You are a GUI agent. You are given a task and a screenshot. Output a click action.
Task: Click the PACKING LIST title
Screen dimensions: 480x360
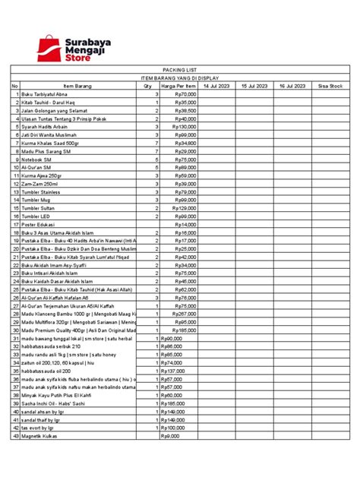click(179, 68)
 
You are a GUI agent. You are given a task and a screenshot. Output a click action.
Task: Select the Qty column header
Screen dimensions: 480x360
click(147, 87)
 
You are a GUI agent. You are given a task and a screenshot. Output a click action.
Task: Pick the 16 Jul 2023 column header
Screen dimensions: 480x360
click(292, 87)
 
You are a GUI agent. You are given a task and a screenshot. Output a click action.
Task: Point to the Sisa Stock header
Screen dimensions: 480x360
click(330, 87)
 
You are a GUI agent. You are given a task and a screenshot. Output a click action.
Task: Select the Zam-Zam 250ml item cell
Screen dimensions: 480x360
click(39, 185)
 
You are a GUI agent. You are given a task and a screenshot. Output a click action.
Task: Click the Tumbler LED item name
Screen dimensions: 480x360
click(38, 216)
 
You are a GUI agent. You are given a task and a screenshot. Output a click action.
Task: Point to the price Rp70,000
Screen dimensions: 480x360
click(185, 94)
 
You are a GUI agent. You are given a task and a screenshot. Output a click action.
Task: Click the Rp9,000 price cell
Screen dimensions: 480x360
click(170, 436)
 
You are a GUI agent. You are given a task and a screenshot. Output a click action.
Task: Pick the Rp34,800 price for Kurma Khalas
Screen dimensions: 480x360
click(185, 143)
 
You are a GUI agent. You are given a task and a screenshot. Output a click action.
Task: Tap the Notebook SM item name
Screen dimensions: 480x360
click(37, 159)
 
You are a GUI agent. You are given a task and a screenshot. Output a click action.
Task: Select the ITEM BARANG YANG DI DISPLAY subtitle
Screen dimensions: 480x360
click(179, 77)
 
